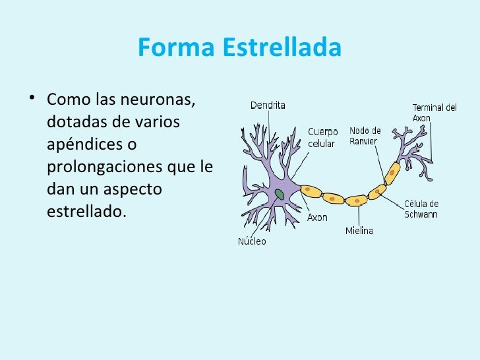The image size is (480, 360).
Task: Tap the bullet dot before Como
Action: coord(26,101)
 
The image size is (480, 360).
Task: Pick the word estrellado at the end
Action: coord(86,212)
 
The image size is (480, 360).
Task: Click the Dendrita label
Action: coord(268,105)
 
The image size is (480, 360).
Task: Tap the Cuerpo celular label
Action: coord(323,137)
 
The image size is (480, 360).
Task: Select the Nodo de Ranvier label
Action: coord(365,135)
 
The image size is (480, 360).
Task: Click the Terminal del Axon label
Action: coord(434,113)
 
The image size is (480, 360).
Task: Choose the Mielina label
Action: coord(359,231)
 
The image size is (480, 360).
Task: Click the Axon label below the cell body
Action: coord(317,217)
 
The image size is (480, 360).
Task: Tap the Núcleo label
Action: coord(252,241)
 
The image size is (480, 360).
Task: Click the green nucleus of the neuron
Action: coord(280,194)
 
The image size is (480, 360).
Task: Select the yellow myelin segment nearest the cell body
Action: coord(311,192)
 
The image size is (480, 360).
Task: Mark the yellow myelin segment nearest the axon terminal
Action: coord(392,174)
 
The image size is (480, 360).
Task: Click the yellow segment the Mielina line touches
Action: coord(357,198)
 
